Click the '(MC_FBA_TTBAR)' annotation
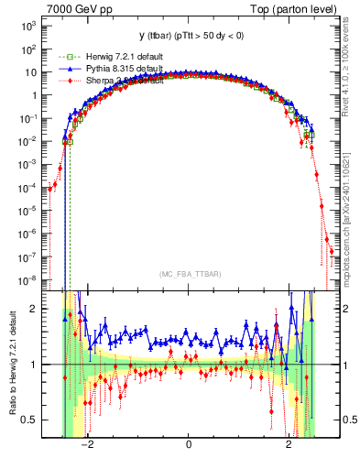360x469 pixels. pos(188,275)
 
